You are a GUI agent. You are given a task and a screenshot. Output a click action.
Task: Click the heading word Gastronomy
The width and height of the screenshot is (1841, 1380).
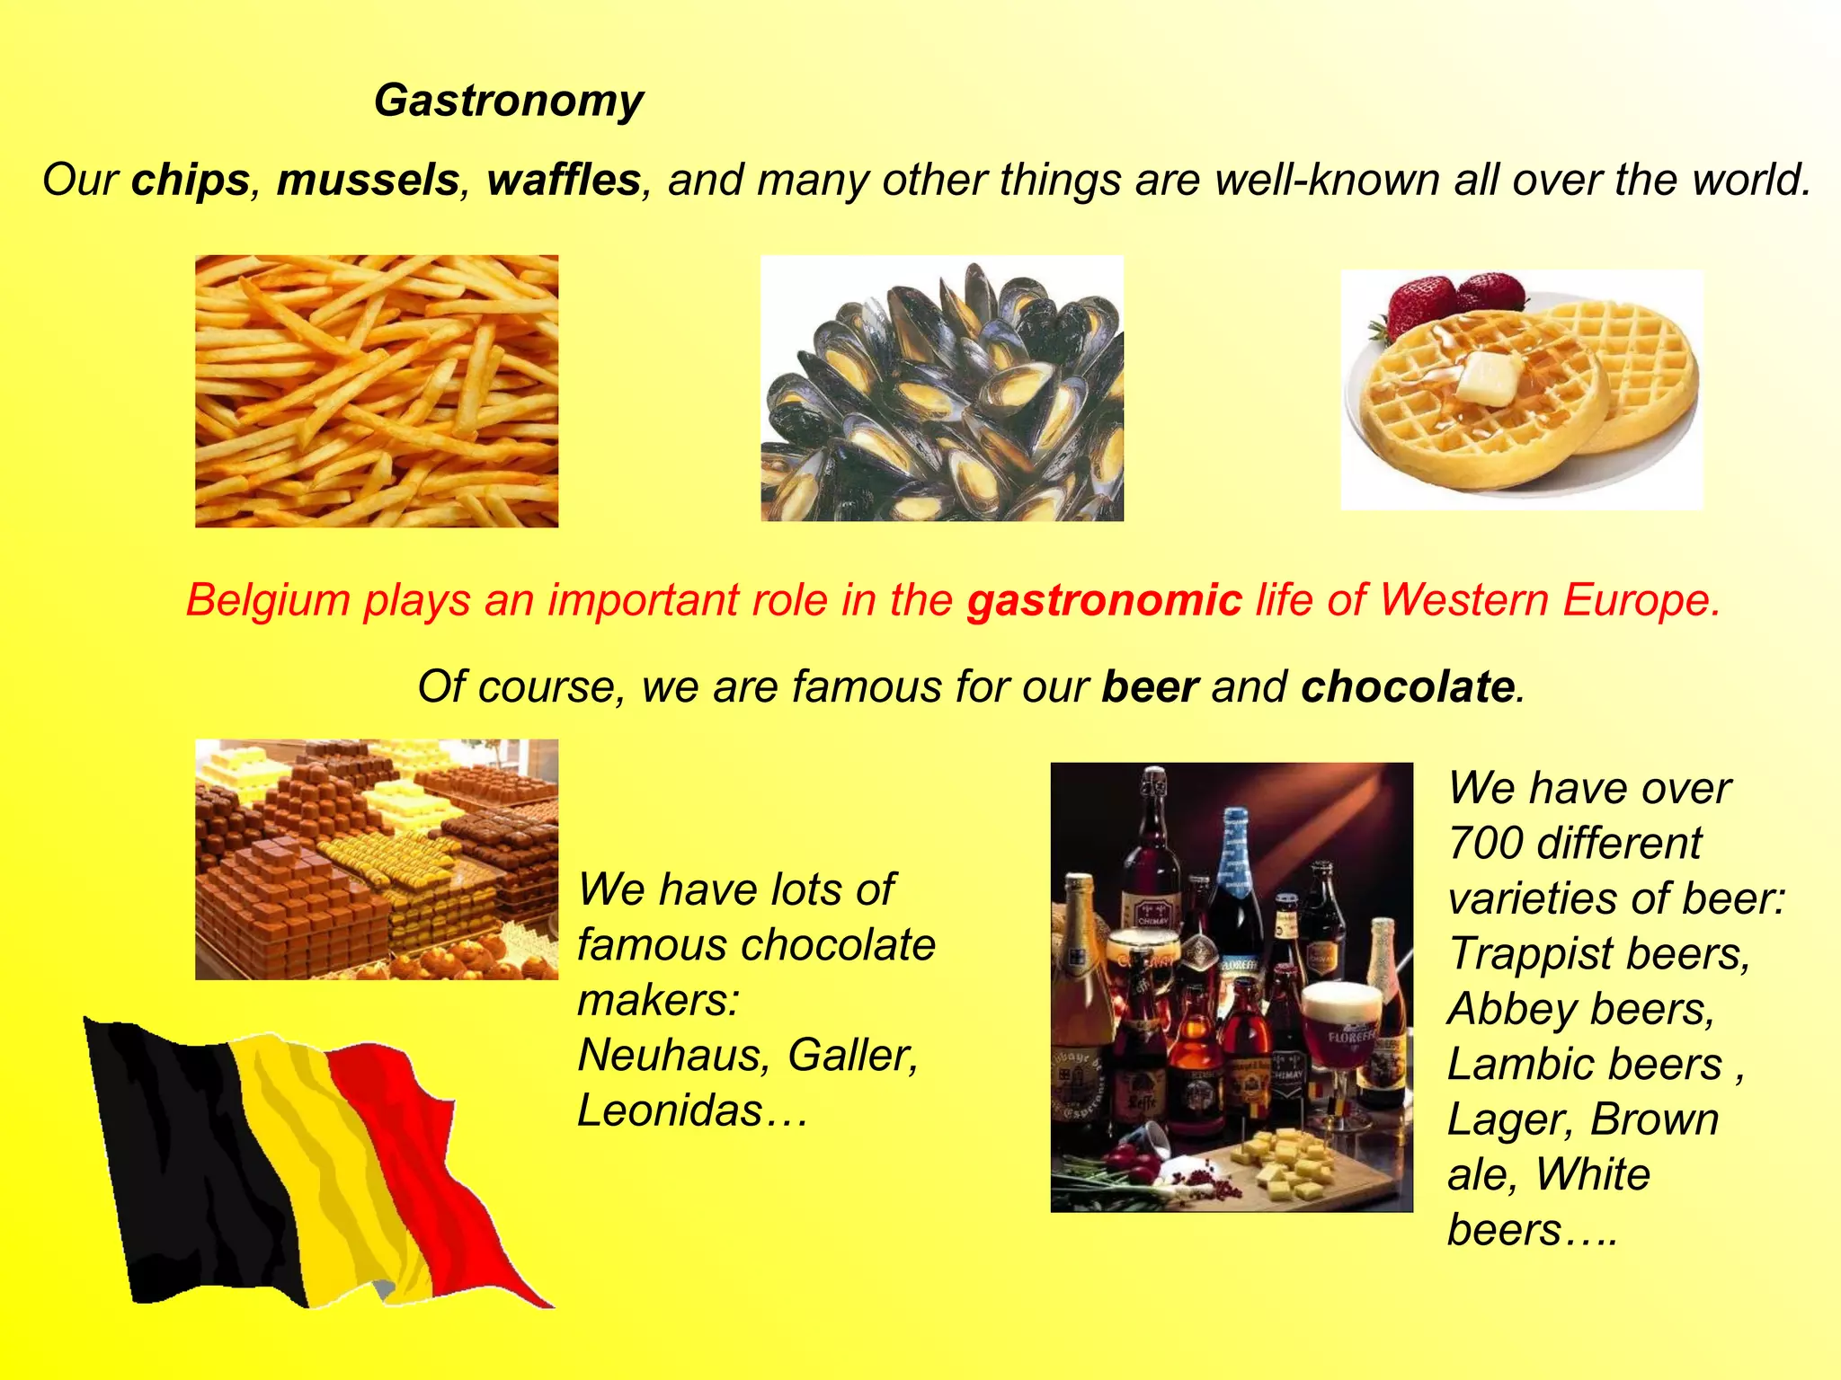tap(509, 101)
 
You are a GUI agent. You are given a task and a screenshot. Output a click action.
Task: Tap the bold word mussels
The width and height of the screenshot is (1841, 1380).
tap(369, 180)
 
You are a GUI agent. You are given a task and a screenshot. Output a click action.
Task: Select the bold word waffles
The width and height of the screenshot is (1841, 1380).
tap(564, 180)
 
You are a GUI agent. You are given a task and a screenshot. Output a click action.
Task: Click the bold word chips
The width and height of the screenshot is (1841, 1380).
tap(191, 180)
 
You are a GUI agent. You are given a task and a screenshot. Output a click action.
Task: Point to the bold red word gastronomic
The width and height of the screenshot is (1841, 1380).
tap(1105, 600)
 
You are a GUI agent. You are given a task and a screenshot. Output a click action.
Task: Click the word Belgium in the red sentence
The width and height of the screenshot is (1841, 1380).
tap(267, 600)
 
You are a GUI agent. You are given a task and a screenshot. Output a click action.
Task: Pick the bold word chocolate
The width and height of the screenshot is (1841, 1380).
tap(1408, 687)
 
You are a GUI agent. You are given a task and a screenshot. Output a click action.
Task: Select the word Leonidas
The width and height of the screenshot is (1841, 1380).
tap(671, 1110)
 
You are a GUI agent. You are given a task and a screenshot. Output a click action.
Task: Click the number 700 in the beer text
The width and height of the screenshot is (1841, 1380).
tap(1484, 844)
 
